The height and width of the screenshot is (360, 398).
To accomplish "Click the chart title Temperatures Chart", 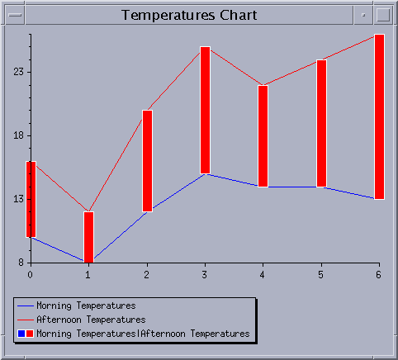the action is [x=189, y=15].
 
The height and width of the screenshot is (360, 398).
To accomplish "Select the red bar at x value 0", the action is [x=31, y=199].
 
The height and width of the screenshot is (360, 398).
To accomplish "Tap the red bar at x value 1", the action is [x=88, y=237].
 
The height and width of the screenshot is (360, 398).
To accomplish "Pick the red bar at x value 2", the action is [x=147, y=161].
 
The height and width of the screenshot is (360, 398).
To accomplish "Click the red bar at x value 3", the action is [x=206, y=110].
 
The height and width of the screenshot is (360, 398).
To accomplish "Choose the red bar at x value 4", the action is [x=263, y=136].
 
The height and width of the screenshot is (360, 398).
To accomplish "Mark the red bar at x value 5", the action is [x=321, y=123].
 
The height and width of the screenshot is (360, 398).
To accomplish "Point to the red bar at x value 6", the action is [x=380, y=116].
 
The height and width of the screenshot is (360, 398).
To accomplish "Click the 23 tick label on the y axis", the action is [x=19, y=72].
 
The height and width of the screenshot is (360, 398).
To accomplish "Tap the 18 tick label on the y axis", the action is [x=19, y=135].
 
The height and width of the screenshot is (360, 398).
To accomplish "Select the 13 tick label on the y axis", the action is [x=19, y=199].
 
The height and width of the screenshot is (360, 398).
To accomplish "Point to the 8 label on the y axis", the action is [x=21, y=263].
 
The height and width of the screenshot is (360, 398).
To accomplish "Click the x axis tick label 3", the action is [x=205, y=275].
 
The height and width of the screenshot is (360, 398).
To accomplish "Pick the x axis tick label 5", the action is [x=320, y=275].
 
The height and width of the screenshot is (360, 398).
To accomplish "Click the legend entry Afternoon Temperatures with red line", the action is [x=82, y=320].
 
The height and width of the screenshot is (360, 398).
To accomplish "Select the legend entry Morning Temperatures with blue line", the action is [x=77, y=306].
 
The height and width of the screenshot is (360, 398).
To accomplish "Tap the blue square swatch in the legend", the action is [x=21, y=334].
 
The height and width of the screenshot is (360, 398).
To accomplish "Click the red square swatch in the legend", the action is [x=30, y=334].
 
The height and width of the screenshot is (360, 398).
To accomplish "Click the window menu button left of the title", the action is [x=15, y=15].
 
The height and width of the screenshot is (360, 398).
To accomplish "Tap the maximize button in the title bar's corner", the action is [x=383, y=15].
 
